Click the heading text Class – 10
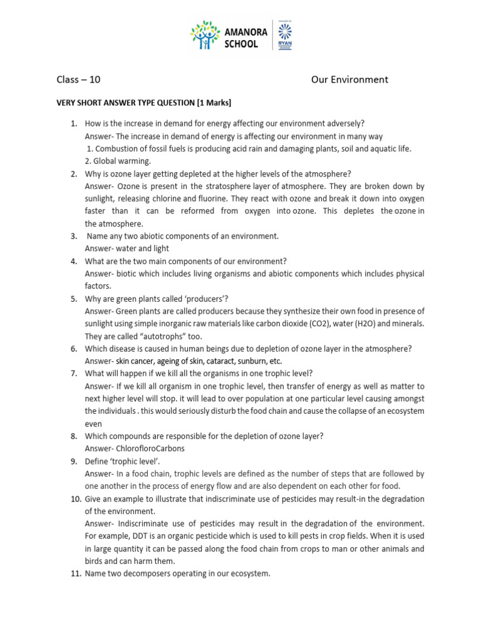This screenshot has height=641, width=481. [x=78, y=79]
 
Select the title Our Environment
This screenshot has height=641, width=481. [x=349, y=79]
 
